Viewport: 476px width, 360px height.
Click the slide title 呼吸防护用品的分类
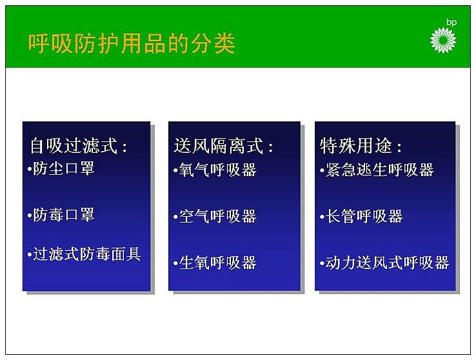tap(132, 44)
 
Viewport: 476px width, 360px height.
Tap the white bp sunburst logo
tap(443, 41)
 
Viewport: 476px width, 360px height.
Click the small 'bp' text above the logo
tap(451, 23)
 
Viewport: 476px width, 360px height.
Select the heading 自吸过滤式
tap(74, 146)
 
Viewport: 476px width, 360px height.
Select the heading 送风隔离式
tap(218, 146)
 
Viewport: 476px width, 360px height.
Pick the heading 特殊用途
tap(356, 146)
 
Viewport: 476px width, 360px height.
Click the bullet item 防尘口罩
tap(64, 168)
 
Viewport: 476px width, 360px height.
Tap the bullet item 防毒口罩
tap(64, 215)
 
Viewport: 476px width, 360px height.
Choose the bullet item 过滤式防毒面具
tap(87, 254)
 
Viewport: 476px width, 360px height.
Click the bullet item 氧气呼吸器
tap(217, 170)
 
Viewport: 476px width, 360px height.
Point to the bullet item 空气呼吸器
tap(217, 216)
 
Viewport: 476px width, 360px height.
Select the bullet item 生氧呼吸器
tap(217, 263)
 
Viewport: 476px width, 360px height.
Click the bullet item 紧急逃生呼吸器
tap(379, 170)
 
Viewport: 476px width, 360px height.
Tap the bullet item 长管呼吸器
tap(364, 216)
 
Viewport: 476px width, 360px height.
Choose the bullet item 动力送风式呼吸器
tap(388, 263)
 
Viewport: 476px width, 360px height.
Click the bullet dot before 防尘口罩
tap(30, 169)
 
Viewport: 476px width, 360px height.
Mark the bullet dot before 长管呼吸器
tap(322, 217)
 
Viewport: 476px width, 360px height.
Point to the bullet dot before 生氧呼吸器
tap(175, 263)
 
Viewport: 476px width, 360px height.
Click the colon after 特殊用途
tap(399, 147)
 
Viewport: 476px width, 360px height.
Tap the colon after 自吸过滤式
tap(124, 147)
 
